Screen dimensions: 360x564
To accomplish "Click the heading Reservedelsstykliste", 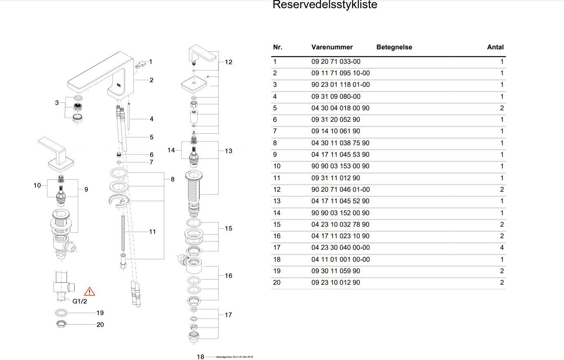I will pos(325,5).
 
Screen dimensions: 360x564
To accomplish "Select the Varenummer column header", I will pos(332,47).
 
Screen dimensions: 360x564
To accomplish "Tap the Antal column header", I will pos(495,47).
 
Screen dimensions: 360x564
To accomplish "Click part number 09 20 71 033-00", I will pos(336,61).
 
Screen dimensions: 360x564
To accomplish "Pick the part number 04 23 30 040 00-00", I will pos(340,248).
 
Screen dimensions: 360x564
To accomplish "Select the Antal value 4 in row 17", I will pos(502,248).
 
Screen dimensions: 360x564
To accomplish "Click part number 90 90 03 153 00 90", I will pos(340,166).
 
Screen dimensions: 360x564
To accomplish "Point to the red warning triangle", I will pos(89,292).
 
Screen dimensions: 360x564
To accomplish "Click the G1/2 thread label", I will pos(80,301).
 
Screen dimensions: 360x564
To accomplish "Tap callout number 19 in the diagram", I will pos(100,313).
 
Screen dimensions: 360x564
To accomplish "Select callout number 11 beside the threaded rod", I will pos(152,232).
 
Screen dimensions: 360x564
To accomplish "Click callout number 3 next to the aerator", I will pos(57,102).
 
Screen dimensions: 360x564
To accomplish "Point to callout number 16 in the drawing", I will pos(228,276).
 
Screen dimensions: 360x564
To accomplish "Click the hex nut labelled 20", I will pos(61,324).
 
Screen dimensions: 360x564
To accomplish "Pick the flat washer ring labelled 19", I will pos(61,313).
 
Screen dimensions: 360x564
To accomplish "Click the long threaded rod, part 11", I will pos(123,232).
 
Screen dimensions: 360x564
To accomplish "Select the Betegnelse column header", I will pos(394,47).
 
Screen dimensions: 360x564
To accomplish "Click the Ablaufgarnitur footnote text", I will pos(234,357).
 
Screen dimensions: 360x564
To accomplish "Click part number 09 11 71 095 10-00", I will pos(340,73).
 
